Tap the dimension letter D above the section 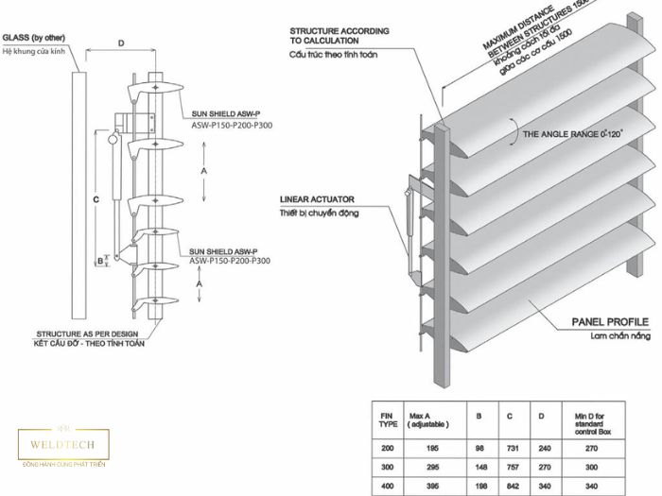(121, 43)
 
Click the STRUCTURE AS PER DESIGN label (85, 334)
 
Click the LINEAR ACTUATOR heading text (317, 199)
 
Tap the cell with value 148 (481, 468)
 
